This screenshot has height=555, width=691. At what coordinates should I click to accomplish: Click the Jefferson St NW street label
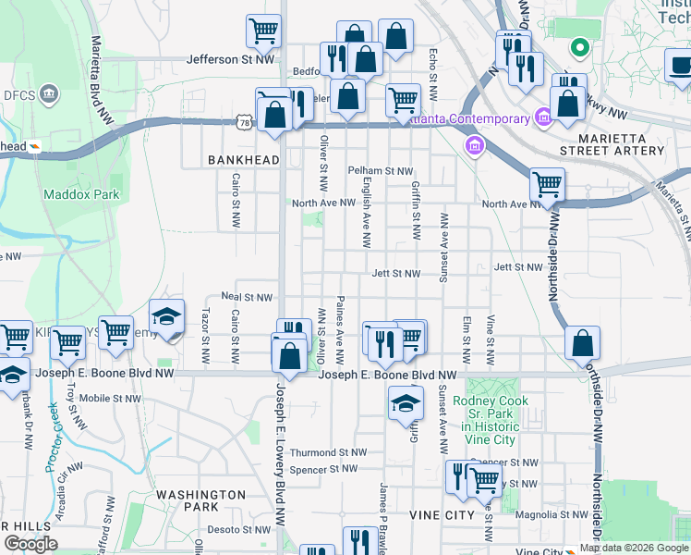tap(232, 59)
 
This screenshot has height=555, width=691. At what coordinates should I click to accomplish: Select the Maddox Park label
tap(81, 194)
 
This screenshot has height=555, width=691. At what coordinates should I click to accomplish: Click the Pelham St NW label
tap(380, 171)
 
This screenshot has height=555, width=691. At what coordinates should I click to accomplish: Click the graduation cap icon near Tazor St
tap(166, 317)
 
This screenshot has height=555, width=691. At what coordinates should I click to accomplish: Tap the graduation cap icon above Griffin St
tap(406, 403)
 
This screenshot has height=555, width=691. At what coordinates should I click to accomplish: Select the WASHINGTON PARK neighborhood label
tap(200, 500)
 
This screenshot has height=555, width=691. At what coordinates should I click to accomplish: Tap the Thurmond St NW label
tap(328, 452)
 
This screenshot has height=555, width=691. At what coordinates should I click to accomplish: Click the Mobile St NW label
tap(111, 399)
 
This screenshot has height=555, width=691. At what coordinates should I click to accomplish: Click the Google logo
tap(30, 544)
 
